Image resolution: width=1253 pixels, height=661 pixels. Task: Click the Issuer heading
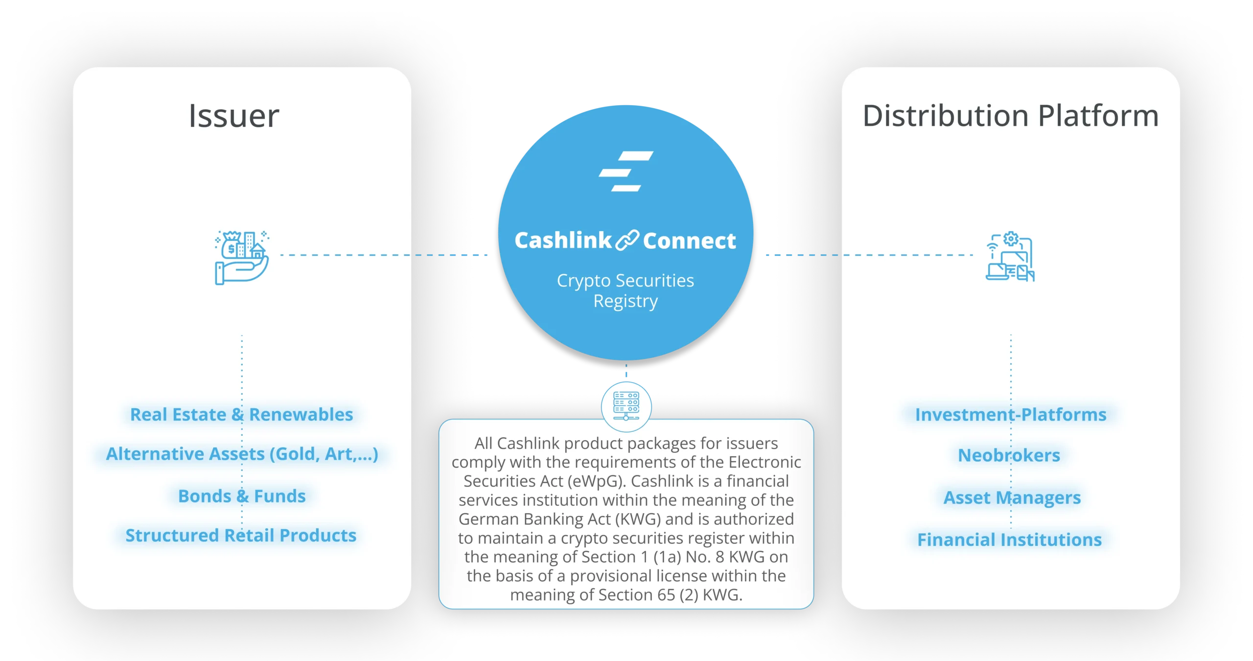click(x=234, y=117)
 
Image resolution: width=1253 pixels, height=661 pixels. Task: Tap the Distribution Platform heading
click(x=1010, y=117)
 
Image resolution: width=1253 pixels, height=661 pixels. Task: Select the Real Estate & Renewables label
click(x=241, y=415)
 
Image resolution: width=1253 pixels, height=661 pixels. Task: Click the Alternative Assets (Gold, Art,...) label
click(x=242, y=454)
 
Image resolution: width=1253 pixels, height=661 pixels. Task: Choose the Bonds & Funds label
click(x=242, y=496)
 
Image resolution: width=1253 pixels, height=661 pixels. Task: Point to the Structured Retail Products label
click(x=241, y=535)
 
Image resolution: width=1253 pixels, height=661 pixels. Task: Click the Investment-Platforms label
click(x=1010, y=415)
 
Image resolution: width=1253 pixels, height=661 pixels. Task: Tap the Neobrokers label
click(x=1009, y=455)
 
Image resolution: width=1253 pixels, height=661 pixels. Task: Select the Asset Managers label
click(x=1012, y=497)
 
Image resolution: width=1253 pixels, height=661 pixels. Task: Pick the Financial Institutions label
click(x=1009, y=540)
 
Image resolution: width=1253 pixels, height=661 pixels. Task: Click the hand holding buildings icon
click(x=242, y=258)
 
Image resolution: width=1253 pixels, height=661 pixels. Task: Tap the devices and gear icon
click(x=1010, y=257)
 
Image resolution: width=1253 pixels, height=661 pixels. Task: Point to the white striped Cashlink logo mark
click(x=626, y=171)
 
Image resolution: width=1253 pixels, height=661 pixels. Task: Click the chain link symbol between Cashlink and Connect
click(x=627, y=240)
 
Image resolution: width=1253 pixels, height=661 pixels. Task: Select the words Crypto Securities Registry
click(x=626, y=290)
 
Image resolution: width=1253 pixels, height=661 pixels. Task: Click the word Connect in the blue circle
click(x=689, y=241)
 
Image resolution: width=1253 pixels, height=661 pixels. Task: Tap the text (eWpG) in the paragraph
click(x=597, y=481)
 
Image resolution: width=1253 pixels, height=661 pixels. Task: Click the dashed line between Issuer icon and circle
click(x=382, y=255)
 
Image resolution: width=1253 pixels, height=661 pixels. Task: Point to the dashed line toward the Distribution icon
click(x=871, y=255)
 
